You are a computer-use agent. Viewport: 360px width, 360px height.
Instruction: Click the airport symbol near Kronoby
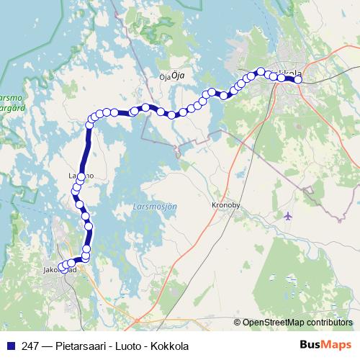click(x=289, y=216)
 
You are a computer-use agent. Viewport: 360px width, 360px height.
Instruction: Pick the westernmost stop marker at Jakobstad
click(x=63, y=269)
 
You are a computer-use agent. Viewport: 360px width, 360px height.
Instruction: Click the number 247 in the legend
click(x=30, y=346)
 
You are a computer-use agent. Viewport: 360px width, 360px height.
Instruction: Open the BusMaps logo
click(x=324, y=346)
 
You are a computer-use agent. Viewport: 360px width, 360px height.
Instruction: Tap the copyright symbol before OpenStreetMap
click(x=237, y=323)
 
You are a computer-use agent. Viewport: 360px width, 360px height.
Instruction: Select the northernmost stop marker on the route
click(x=261, y=71)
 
